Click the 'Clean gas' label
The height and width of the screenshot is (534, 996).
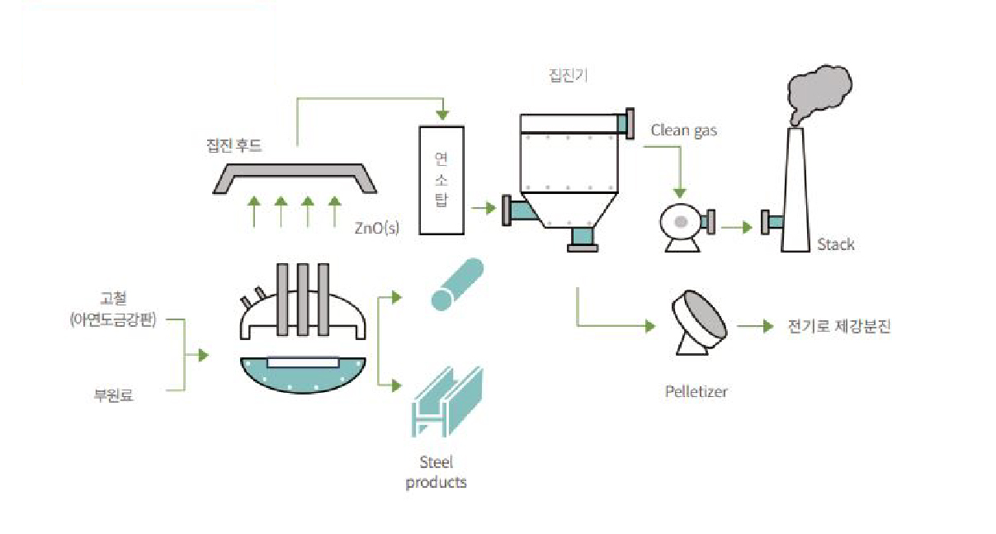(x=683, y=130)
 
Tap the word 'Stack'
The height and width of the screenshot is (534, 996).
(x=835, y=244)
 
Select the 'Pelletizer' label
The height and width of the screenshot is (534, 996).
(x=696, y=391)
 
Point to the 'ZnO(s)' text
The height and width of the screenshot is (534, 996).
(x=376, y=228)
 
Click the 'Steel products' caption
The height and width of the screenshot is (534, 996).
(x=436, y=472)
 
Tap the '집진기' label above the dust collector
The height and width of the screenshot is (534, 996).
(x=569, y=75)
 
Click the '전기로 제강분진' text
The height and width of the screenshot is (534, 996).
(x=838, y=327)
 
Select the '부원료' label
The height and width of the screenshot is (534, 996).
(x=114, y=395)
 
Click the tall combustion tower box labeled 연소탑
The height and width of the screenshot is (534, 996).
(x=441, y=179)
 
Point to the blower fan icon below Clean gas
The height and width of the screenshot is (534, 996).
(x=681, y=223)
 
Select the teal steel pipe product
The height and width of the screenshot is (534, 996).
(x=453, y=285)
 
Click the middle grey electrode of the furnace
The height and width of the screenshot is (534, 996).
(x=302, y=300)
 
